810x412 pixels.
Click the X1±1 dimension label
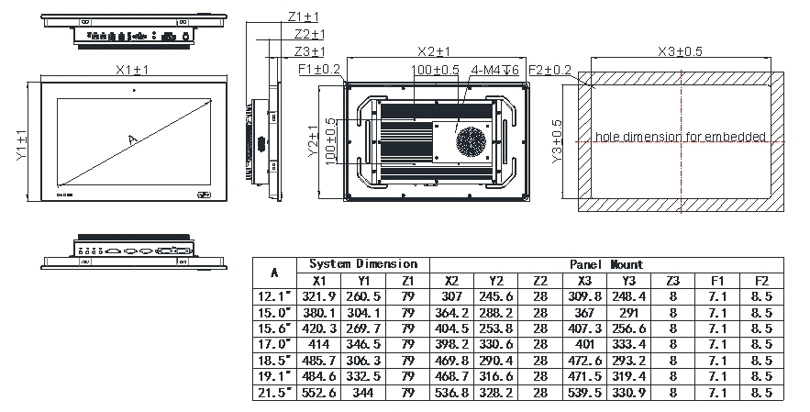tap(132, 70)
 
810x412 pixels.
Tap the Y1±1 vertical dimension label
tap(21, 145)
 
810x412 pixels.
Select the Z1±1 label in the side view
tap(304, 17)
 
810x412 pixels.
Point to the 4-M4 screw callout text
tap(494, 70)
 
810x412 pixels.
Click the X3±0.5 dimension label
tap(680, 51)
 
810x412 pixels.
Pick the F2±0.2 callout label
tap(550, 70)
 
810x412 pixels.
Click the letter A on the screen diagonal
tap(133, 139)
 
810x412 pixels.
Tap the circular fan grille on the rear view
tap(471, 141)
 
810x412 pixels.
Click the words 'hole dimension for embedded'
tap(681, 137)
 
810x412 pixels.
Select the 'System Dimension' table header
tap(363, 264)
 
